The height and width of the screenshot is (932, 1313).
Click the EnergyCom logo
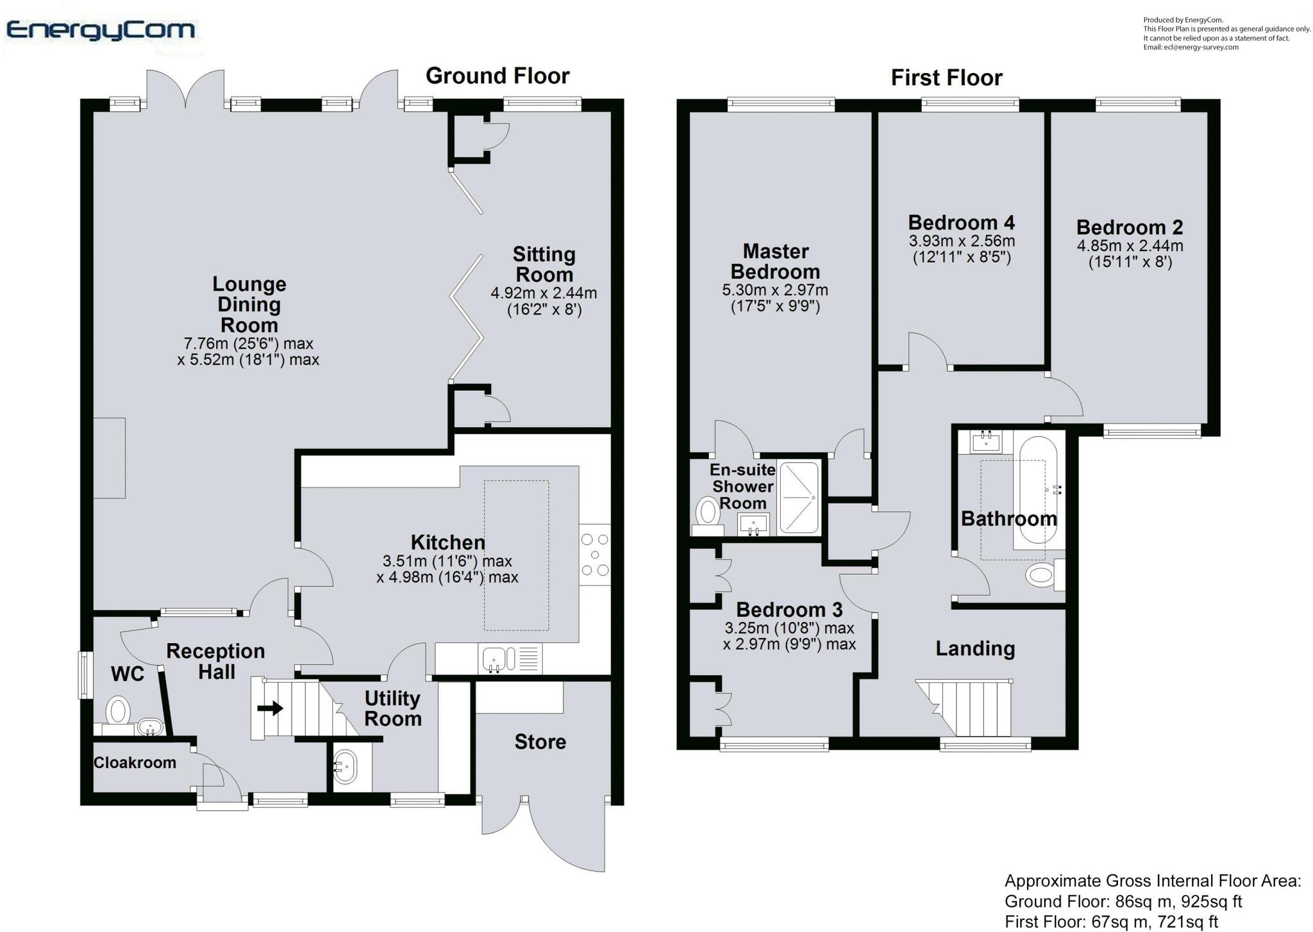101,30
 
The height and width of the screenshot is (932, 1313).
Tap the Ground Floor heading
498,76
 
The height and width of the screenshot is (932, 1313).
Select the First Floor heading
946,78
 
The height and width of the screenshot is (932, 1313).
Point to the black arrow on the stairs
270,708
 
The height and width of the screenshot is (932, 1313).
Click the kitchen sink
494,658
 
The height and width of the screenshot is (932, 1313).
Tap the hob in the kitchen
594,555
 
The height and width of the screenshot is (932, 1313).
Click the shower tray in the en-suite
799,498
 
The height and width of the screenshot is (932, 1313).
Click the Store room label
540,742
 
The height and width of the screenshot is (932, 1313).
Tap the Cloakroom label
135,763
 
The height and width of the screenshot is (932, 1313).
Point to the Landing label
974,649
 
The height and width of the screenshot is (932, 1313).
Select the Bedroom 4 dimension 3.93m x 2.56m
962,241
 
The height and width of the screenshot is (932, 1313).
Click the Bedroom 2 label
1129,227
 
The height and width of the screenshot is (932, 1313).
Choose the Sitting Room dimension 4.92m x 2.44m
544,293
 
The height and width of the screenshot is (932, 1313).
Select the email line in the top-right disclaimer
1191,47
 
